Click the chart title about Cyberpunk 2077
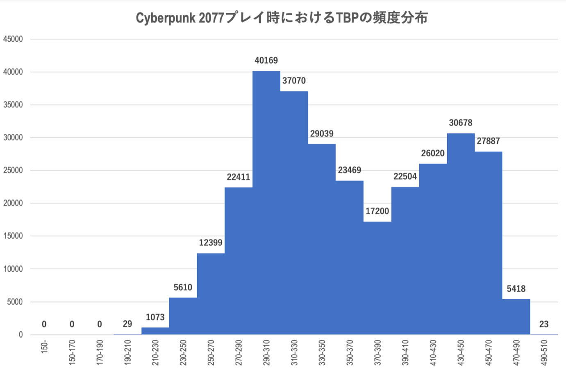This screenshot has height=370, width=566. (282, 18)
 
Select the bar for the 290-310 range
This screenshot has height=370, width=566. (266, 205)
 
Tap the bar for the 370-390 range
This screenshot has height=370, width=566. (377, 279)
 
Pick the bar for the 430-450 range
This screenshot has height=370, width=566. (461, 234)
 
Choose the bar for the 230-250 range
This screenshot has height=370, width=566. (183, 316)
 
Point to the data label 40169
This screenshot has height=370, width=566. (266, 61)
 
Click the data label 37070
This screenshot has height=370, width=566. (294, 81)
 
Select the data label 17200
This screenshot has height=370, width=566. (377, 211)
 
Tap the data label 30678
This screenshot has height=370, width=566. (461, 123)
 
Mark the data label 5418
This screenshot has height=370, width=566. (516, 289)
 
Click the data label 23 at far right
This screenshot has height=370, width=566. (543, 324)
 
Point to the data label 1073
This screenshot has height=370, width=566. (155, 317)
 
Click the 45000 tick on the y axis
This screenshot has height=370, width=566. (13, 39)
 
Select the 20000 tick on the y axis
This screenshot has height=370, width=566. (13, 203)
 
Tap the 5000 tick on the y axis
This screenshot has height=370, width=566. (15, 302)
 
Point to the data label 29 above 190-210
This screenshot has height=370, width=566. (127, 324)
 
